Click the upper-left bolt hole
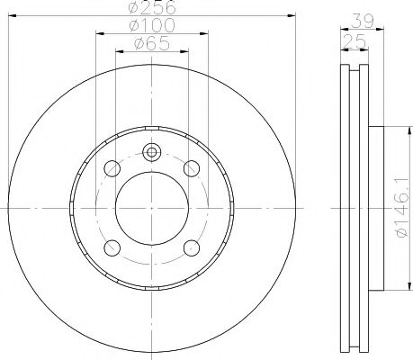(112, 167)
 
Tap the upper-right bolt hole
(191, 167)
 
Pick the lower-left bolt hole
(112, 247)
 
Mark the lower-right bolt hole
(191, 247)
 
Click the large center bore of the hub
(151, 207)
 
